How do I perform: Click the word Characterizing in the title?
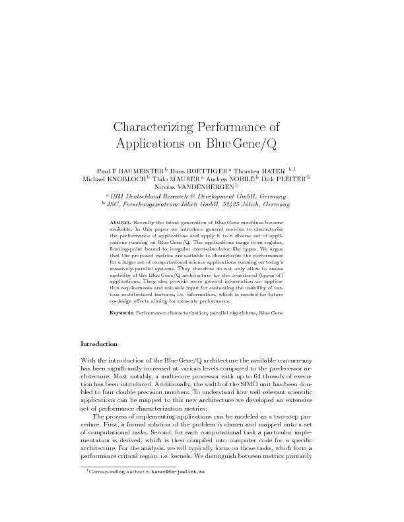click(x=153, y=127)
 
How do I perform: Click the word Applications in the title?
click(x=154, y=143)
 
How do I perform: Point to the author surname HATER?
click(x=277, y=169)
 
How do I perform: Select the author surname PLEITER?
click(x=290, y=179)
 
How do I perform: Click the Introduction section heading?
click(x=98, y=344)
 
